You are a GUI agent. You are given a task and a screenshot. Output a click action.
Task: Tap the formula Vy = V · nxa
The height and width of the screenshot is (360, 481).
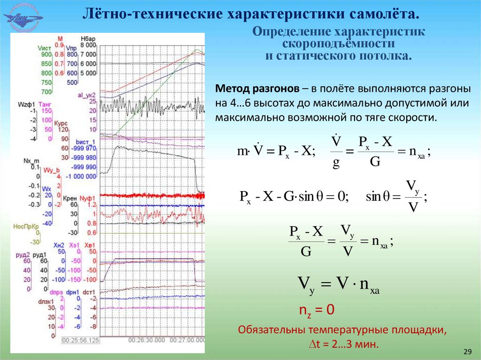click(x=338, y=284)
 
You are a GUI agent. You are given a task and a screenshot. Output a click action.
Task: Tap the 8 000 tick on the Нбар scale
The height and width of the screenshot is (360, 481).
click(x=88, y=45)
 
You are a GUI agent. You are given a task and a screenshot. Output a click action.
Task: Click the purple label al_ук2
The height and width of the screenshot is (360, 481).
click(x=86, y=95)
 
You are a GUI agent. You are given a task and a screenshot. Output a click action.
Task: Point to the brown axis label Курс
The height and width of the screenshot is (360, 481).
click(x=61, y=123)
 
